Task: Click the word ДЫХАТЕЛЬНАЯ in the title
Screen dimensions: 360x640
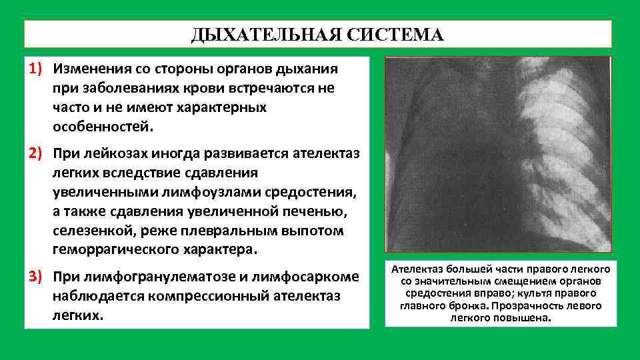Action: coord(264,34)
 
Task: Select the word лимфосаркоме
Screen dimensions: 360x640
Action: coord(313,276)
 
